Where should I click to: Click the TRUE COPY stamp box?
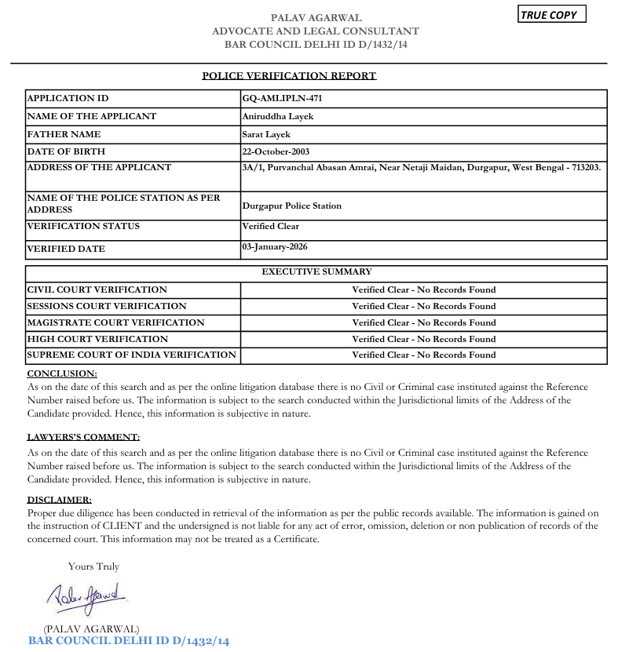point(551,15)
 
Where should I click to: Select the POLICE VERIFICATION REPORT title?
point(289,76)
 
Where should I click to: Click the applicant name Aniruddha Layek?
point(278,116)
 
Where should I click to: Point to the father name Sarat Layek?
point(266,134)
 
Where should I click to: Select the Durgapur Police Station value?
point(292,206)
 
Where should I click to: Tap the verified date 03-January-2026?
point(275,247)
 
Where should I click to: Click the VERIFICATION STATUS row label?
point(83,226)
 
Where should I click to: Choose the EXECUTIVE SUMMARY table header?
point(316,272)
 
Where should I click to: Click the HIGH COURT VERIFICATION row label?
point(97,339)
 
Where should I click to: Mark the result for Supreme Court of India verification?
point(423,355)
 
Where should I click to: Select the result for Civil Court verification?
point(423,290)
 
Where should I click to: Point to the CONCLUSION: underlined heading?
point(62,373)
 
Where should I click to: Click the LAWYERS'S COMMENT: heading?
point(83,437)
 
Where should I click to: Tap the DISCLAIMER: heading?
point(60,500)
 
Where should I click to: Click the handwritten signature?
point(86,598)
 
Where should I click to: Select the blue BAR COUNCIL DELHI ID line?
point(129,641)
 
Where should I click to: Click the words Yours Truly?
point(93,566)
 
